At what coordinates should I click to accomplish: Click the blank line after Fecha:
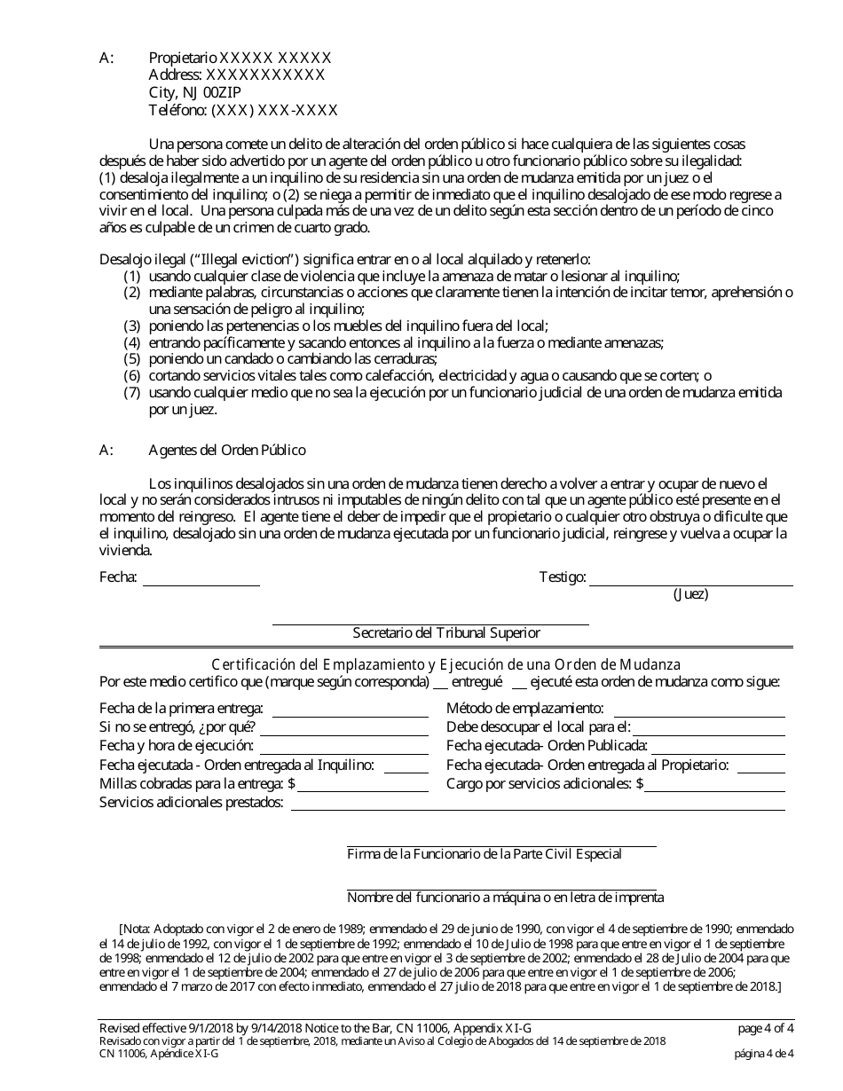[x=201, y=579]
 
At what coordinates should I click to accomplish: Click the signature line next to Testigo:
[x=691, y=579]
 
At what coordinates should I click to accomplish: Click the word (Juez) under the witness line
[x=691, y=594]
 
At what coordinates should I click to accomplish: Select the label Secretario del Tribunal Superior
[x=446, y=633]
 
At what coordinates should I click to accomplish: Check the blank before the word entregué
[x=439, y=683]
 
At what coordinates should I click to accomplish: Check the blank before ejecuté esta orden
[x=519, y=683]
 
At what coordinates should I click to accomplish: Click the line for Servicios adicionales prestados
[x=538, y=804]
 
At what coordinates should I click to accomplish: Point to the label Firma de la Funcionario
[x=484, y=854]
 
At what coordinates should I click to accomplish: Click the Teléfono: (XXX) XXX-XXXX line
[x=243, y=110]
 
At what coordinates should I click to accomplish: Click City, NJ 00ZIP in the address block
[x=194, y=92]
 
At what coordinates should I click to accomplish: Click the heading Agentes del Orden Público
[x=227, y=450]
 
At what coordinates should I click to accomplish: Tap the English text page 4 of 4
[x=766, y=1029]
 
